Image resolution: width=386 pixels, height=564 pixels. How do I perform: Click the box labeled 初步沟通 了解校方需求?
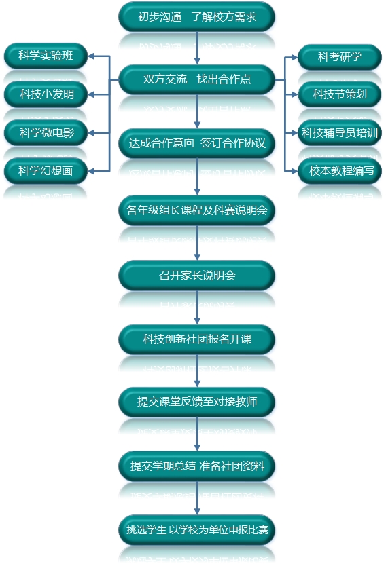196,17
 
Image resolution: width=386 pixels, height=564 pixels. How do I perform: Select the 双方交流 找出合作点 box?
196,79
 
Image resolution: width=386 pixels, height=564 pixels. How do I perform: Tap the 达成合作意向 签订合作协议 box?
196,143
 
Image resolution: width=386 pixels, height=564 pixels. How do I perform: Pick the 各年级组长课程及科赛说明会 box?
196,210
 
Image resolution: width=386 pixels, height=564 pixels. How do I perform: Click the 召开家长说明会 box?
196,276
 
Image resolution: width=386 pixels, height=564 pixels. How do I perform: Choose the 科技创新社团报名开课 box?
196,339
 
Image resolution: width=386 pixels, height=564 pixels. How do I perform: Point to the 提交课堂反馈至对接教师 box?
196,402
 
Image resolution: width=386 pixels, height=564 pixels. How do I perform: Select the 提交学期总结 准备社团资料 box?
196,466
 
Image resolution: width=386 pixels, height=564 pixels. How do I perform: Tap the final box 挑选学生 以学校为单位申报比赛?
196,530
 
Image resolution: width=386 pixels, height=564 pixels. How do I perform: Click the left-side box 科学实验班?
46,56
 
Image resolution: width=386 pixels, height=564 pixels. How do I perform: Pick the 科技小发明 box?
46,94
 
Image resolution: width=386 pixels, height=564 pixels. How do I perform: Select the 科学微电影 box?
46,133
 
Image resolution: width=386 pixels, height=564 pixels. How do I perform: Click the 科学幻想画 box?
46,171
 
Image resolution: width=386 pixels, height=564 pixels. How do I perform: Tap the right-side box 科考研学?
340,57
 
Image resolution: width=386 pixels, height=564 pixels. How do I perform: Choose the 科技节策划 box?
340,94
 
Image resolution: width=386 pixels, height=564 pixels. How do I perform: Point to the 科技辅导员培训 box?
340,133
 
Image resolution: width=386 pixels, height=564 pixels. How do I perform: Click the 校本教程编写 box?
340,171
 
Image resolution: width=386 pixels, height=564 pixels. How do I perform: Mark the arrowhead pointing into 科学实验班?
91,56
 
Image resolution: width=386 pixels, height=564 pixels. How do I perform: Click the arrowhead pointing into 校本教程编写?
294,171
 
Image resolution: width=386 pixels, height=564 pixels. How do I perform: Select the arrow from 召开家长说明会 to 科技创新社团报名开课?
197,307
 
